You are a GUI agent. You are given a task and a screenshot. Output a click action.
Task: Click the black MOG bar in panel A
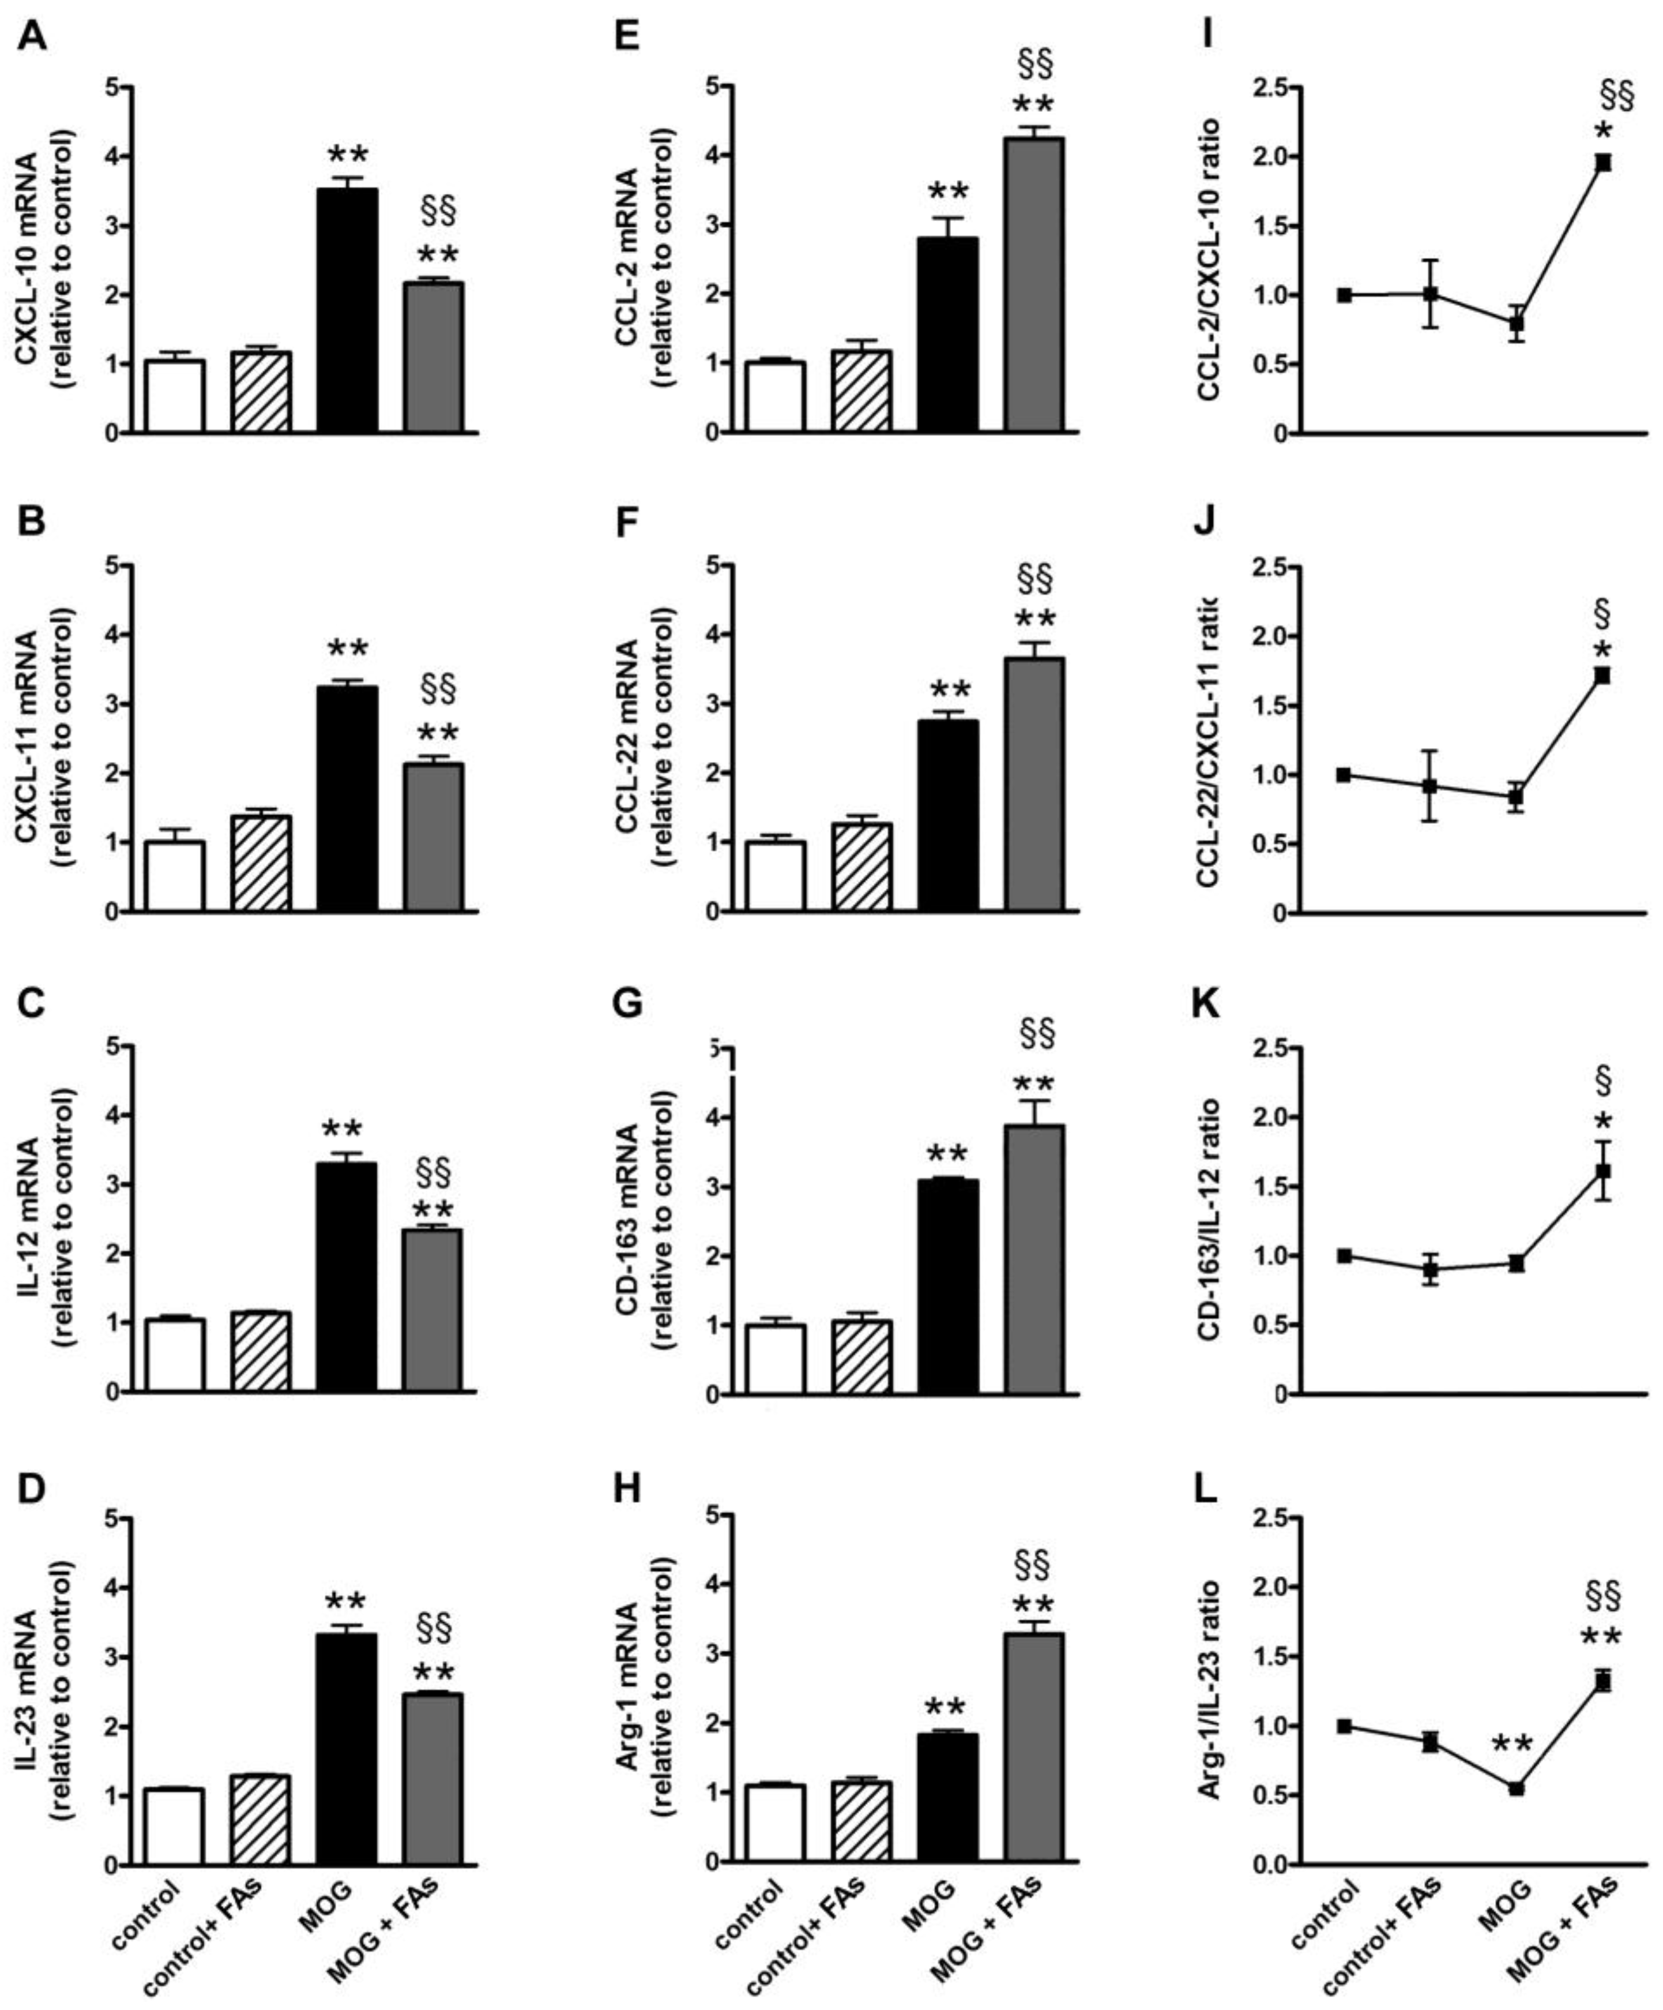tap(347, 311)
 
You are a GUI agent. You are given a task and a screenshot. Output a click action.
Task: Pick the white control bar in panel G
tap(775, 1359)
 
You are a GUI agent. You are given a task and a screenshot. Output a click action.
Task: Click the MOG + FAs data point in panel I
tap(1602, 163)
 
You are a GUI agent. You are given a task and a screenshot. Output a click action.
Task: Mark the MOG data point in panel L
tap(1517, 1788)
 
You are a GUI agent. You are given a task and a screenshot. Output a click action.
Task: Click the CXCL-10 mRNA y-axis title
tap(27, 258)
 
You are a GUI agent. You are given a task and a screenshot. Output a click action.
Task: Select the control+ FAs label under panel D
tap(215, 1924)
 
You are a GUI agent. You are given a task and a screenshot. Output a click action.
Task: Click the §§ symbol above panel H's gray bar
tap(1032, 1566)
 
